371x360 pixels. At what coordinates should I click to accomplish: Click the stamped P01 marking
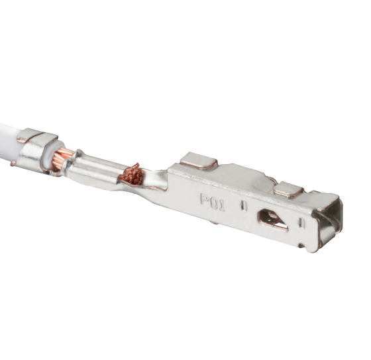213,202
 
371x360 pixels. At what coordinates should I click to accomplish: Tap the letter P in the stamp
205,199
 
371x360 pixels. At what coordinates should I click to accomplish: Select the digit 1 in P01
221,206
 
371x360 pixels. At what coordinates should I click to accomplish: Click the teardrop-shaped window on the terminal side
273,219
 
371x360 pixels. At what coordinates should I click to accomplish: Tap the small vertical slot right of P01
244,206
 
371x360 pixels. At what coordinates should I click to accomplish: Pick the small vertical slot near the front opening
301,222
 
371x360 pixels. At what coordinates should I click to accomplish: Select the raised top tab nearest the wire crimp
199,160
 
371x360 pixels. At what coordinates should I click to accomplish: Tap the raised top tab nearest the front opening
288,189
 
